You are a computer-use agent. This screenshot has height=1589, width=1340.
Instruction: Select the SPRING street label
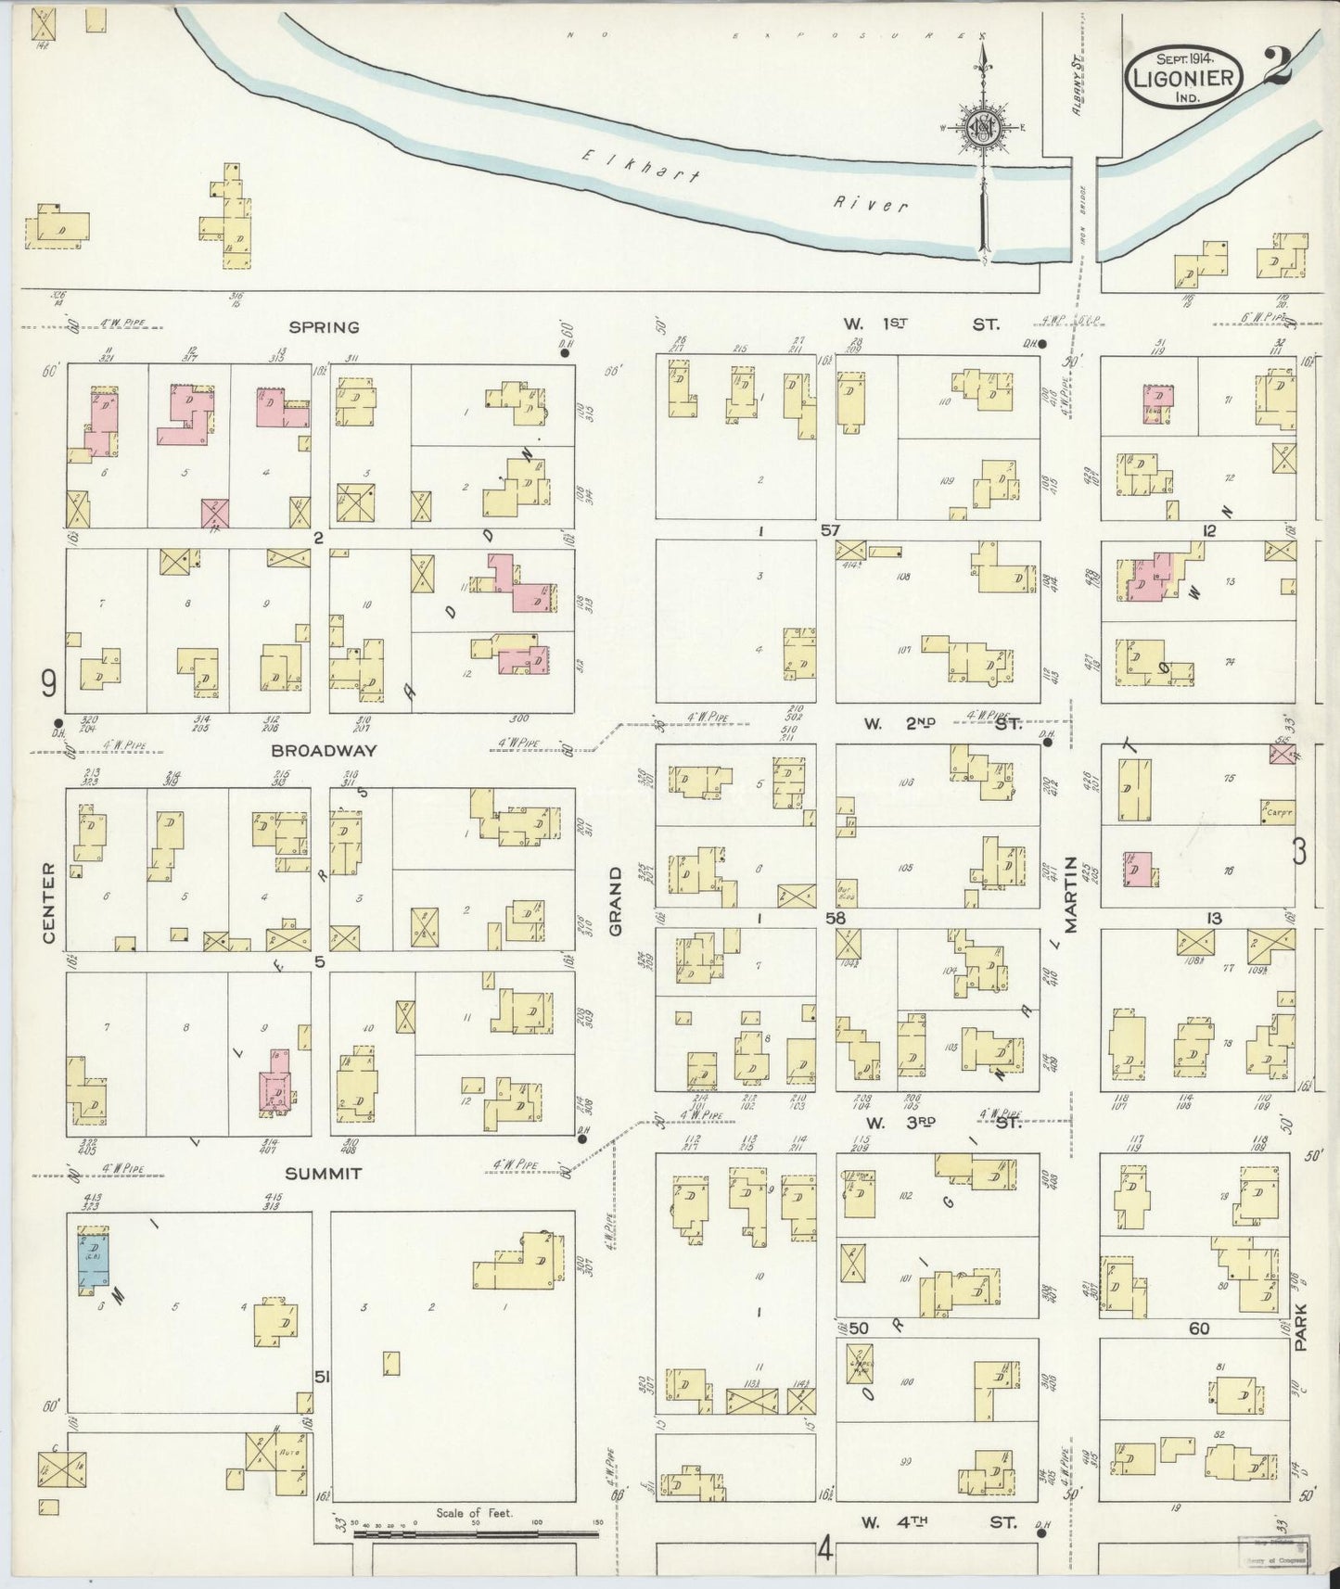[x=324, y=327]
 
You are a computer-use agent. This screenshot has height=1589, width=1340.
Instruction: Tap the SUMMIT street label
[x=324, y=1174]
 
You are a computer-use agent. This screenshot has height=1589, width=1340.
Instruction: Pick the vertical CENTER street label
[x=48, y=904]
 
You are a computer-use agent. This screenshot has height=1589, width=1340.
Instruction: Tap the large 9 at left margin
[x=48, y=684]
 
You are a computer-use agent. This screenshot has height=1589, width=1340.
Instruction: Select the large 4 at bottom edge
[x=824, y=1547]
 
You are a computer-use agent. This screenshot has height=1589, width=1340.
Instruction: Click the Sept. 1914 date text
[x=1184, y=57]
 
